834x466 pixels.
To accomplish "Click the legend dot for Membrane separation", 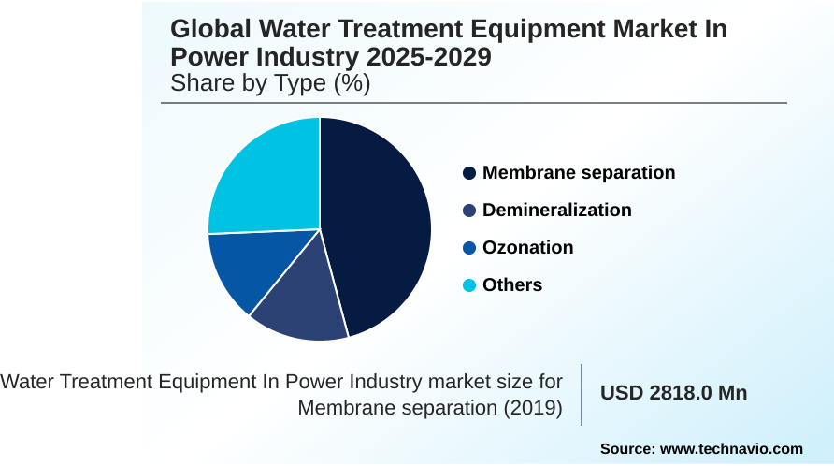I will pos(469,173).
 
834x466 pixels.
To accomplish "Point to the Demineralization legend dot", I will pos(469,211).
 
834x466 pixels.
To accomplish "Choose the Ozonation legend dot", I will pos(469,248).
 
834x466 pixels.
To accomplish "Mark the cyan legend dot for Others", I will pos(469,285).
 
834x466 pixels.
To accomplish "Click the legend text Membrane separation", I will pos(579,173).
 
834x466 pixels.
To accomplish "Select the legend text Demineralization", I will pos(557,211).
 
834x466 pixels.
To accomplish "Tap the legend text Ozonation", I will pos(528,248).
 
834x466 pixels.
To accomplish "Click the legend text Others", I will pos(512,285).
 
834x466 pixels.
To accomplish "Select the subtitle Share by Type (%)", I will pos(270,83).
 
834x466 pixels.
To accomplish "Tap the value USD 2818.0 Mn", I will pos(673,393).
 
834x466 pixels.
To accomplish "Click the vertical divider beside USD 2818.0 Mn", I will pos(582,394).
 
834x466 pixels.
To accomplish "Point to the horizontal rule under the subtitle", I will pos(474,103).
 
